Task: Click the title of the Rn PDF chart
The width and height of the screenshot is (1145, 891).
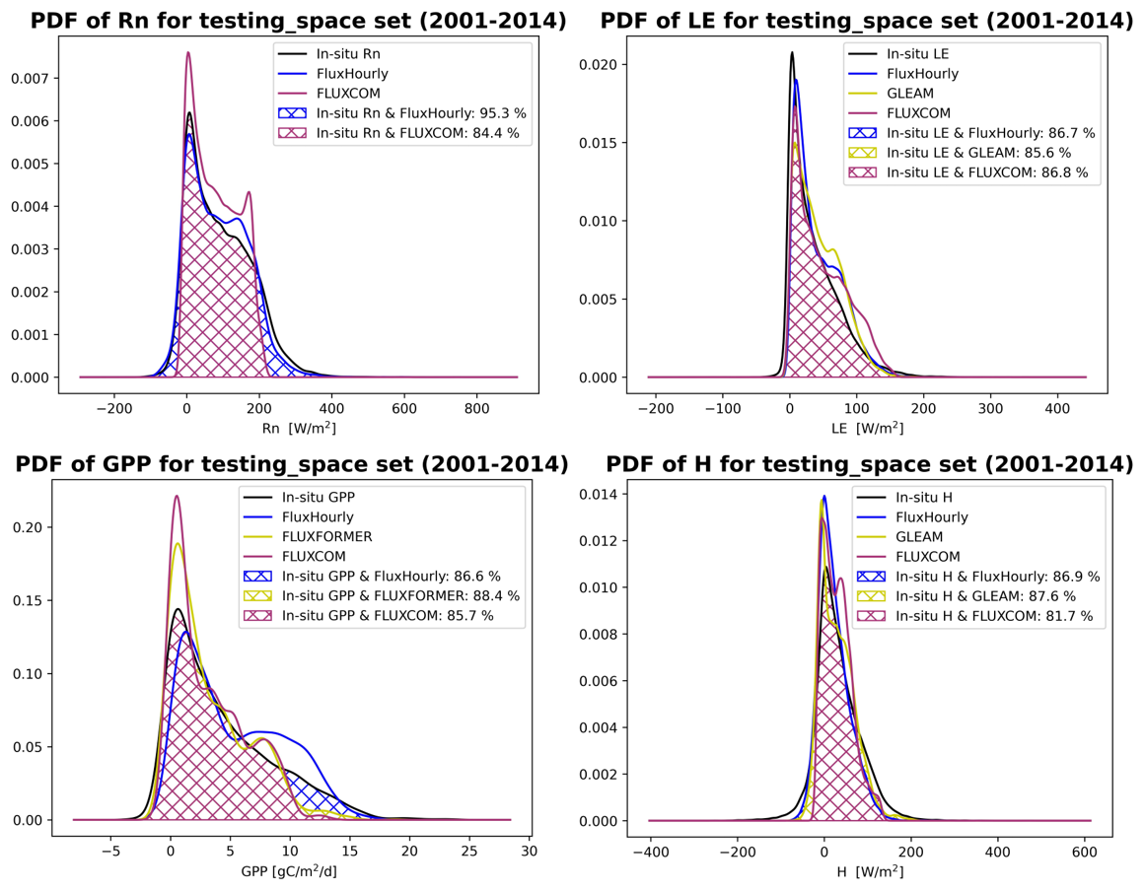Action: tap(298, 21)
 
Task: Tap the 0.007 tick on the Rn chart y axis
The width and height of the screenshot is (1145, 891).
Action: tap(44, 78)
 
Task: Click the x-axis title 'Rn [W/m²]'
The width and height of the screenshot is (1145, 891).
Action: tap(297, 428)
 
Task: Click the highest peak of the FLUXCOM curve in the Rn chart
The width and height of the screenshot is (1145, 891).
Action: tap(188, 53)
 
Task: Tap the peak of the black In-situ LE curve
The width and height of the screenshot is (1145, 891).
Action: tap(791, 52)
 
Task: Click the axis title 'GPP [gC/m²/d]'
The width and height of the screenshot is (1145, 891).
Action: tap(297, 871)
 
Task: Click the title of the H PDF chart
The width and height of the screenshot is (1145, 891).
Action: tap(869, 463)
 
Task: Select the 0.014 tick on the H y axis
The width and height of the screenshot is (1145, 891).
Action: tap(605, 495)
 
